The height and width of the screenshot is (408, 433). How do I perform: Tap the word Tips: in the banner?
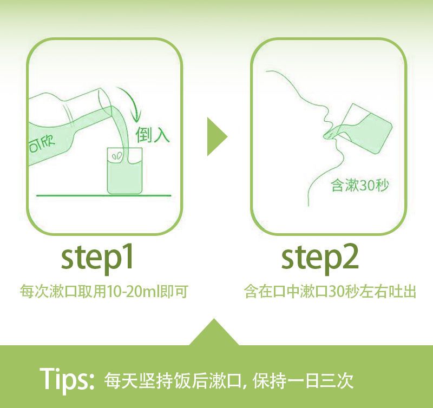pyautogui.click(x=67, y=378)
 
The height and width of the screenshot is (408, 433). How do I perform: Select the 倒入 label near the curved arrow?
pyautogui.click(x=152, y=135)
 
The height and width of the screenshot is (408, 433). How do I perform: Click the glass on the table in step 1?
pyautogui.click(x=125, y=170)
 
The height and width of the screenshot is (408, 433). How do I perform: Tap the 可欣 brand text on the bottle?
pyautogui.click(x=42, y=144)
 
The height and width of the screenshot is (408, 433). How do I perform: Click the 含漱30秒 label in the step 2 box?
pyautogui.click(x=360, y=185)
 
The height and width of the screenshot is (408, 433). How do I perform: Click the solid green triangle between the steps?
pyautogui.click(x=217, y=137)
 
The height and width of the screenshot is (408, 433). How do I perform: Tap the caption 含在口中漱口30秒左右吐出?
pyautogui.click(x=330, y=292)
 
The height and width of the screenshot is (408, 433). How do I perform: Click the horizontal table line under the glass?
pyautogui.click(x=103, y=195)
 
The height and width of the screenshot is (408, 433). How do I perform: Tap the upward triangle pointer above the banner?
pyautogui.click(x=214, y=332)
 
